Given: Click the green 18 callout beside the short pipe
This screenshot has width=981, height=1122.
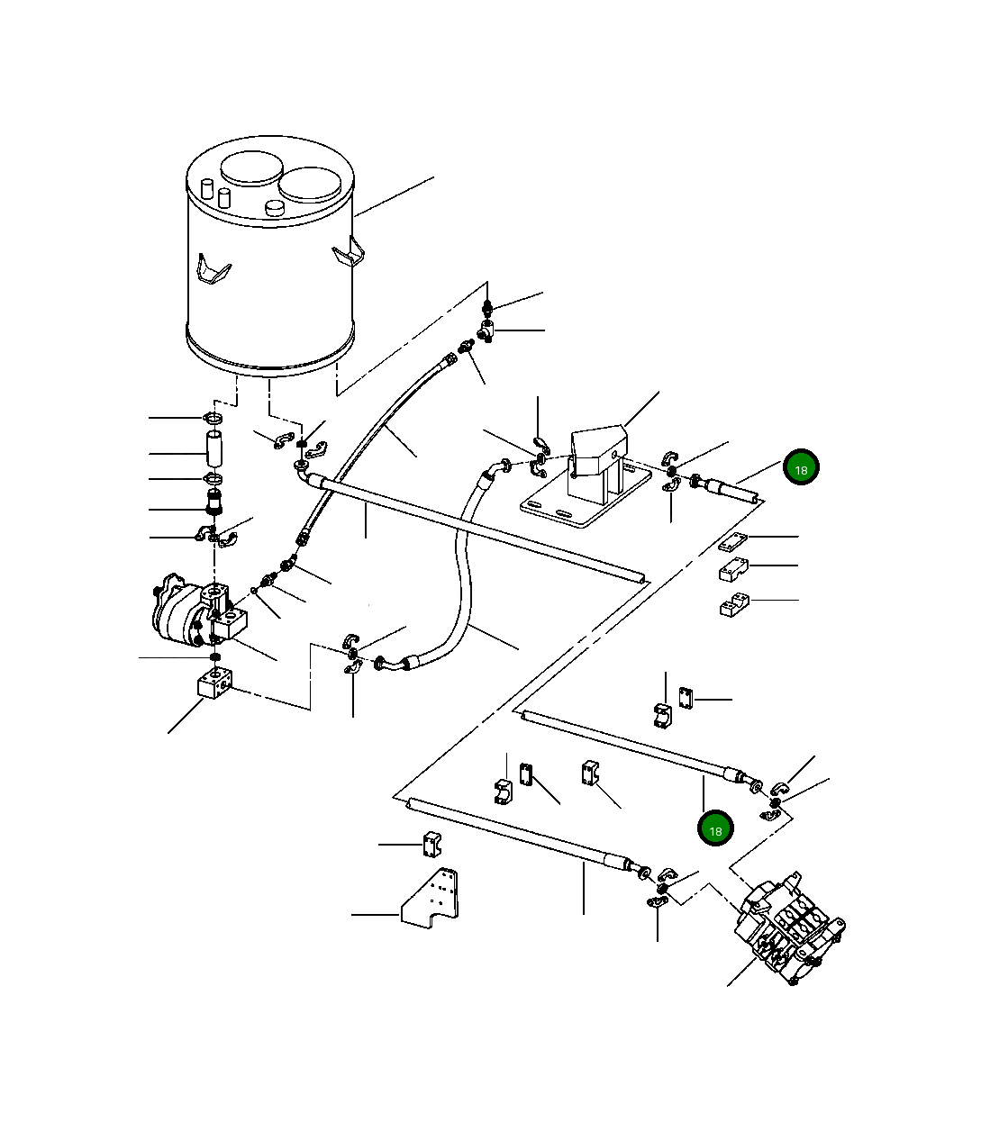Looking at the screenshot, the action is [801, 467].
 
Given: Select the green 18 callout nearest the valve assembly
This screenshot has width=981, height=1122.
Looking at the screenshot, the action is [715, 828].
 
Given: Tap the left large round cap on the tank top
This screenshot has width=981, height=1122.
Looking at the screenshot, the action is [252, 167].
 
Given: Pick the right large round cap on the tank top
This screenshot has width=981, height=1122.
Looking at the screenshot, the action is [310, 184].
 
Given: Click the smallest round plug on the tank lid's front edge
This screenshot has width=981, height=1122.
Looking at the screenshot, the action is [274, 208].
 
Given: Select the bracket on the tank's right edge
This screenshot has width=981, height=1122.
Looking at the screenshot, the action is [350, 252].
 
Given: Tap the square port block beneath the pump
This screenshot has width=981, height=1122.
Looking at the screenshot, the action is [214, 683].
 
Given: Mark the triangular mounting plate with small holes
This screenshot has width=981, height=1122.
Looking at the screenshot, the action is [431, 898].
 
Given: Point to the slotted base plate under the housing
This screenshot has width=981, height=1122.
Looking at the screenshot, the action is [586, 500].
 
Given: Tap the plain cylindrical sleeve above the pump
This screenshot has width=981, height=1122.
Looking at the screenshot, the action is [214, 448].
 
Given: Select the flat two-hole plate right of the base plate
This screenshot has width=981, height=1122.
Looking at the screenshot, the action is [733, 542].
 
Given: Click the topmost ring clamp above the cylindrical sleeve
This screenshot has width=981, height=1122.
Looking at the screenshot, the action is [213, 419].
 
